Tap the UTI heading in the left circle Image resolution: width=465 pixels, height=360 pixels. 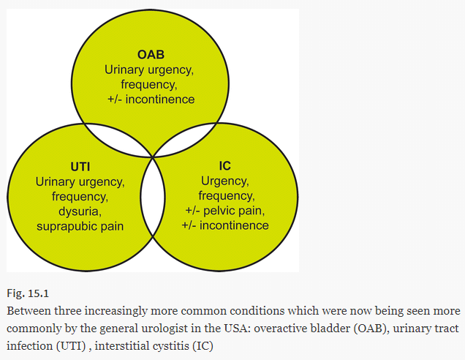point(80,166)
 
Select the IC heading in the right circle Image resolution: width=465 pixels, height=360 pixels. point(225,166)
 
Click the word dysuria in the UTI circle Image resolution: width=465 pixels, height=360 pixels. point(80,211)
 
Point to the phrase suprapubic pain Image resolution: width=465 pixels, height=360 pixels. point(80,225)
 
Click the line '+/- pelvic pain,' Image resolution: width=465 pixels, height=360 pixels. point(225,210)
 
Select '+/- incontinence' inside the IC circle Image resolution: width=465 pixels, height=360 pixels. point(225,225)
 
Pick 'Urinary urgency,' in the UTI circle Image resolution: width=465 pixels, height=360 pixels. point(80,181)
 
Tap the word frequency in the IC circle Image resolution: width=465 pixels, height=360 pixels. point(224,195)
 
